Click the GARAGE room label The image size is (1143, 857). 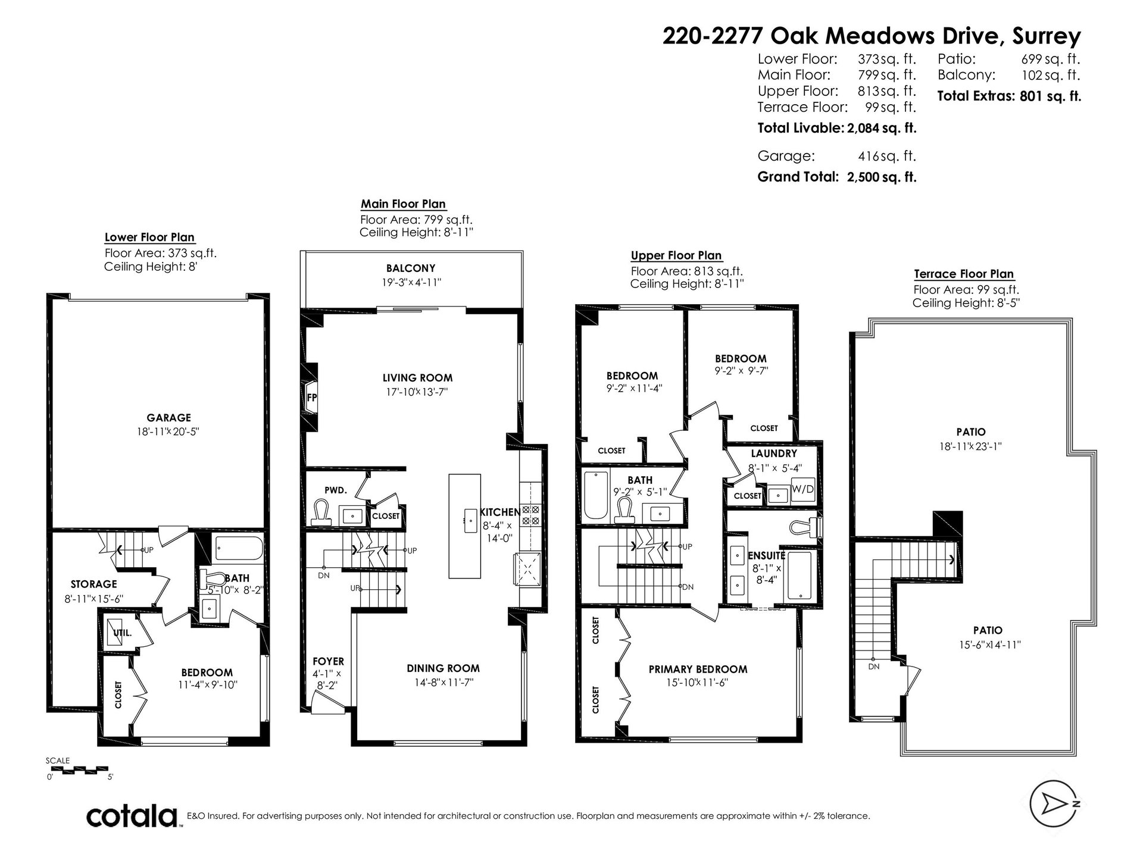pos(169,418)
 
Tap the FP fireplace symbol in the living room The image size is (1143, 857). pos(311,398)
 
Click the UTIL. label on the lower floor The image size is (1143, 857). pos(123,633)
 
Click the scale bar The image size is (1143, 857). pos(79,771)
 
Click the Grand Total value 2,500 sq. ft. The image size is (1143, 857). pos(882,177)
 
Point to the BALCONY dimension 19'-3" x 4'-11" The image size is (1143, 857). pos(411,283)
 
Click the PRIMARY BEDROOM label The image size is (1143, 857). pos(698,670)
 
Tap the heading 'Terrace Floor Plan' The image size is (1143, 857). pos(964,274)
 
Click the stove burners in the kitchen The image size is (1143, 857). pos(530,515)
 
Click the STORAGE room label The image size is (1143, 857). pos(93,584)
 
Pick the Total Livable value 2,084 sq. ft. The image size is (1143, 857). pos(882,128)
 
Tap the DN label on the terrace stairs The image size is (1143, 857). pos(873,667)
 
